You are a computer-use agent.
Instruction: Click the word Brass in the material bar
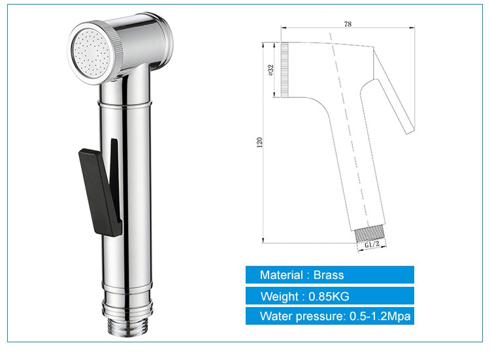pyautogui.click(x=328, y=275)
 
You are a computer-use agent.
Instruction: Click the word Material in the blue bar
pyautogui.click(x=281, y=275)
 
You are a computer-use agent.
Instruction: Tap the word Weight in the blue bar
pyautogui.click(x=278, y=297)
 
